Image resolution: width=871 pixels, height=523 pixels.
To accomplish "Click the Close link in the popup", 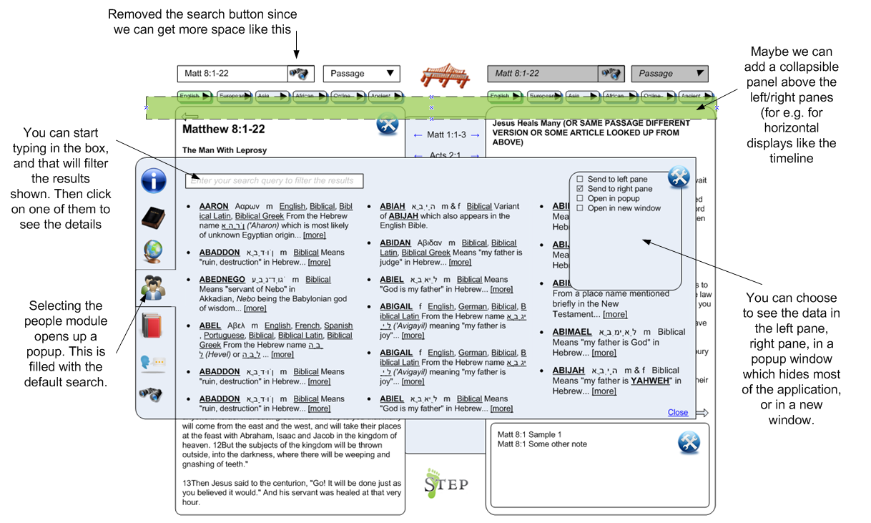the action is [677, 412].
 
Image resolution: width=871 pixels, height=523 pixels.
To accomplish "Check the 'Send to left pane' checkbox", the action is [580, 179].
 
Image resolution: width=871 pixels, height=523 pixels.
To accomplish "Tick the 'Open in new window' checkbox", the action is [580, 208].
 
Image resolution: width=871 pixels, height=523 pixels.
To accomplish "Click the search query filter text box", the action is [275, 181].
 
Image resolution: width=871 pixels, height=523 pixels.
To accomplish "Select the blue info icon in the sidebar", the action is [154, 180].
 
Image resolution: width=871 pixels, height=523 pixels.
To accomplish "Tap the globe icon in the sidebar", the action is [153, 251].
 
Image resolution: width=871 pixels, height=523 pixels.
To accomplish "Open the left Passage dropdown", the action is [361, 74].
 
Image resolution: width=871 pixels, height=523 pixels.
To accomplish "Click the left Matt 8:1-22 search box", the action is [232, 74].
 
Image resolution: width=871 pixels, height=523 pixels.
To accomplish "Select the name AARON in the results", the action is [213, 206].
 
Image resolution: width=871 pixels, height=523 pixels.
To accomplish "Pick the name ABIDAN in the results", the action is [395, 243].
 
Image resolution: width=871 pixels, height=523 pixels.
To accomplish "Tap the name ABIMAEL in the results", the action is [571, 332].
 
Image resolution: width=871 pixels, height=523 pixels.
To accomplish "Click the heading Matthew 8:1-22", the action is [223, 129].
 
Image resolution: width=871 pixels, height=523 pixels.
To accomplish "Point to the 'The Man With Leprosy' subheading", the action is [224, 150].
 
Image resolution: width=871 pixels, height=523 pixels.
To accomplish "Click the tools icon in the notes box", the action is [689, 443].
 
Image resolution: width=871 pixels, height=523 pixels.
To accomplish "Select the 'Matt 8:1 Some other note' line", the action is [542, 444].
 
